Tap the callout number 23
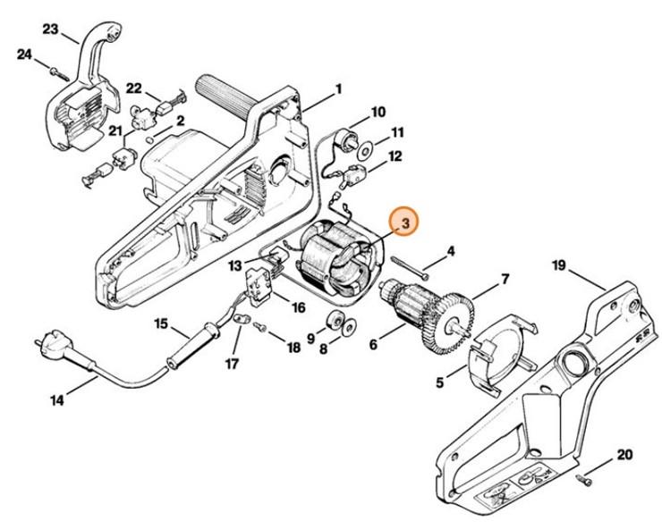coord(50,29)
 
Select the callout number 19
coord(559,264)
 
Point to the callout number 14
coord(56,400)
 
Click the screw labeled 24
coord(55,70)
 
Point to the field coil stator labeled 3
coord(335,259)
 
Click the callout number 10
coord(378,112)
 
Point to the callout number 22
coord(133,87)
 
